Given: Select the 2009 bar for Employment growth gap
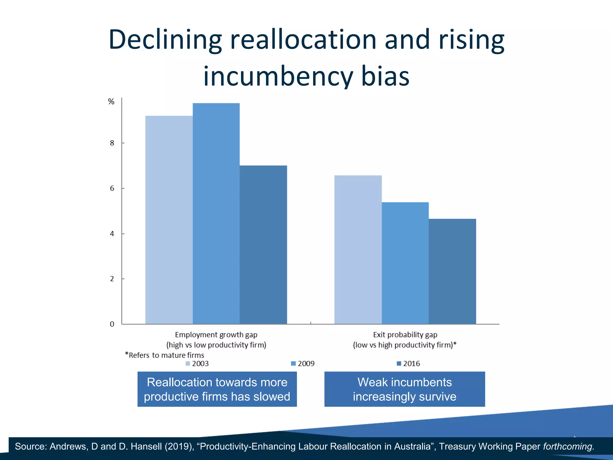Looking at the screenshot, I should point(216,213).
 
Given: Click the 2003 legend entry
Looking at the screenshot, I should point(197,364).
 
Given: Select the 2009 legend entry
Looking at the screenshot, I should point(303,364).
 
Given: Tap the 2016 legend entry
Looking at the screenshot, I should point(408,364).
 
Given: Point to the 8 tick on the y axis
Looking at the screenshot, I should point(112,143).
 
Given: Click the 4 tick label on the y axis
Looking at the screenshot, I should point(112,234).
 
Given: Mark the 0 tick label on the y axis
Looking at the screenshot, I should point(112,324).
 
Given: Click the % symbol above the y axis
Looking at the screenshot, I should point(111,102).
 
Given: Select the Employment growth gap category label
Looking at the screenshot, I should point(216,340).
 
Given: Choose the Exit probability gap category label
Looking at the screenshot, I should point(405,340).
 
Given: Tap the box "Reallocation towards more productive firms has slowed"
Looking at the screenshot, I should point(217,389).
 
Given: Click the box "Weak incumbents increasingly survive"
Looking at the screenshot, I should point(405,389).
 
